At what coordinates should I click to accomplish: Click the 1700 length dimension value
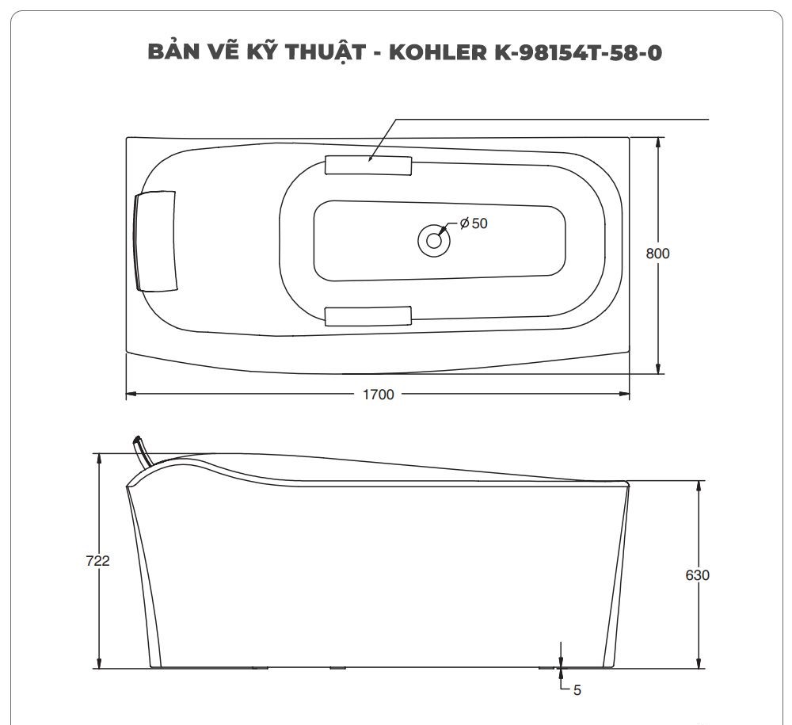tap(378, 395)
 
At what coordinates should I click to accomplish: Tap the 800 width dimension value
tap(657, 254)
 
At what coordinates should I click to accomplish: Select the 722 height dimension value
tap(97, 560)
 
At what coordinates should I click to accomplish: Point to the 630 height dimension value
tap(697, 575)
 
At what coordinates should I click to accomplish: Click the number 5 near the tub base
tap(577, 690)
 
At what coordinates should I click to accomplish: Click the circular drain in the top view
tap(432, 239)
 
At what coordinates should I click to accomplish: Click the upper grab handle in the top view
tap(368, 164)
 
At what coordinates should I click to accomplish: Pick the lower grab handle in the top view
tap(368, 315)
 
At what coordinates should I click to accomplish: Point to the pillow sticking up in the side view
tap(142, 448)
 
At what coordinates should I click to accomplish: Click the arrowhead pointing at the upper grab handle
tap(371, 158)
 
